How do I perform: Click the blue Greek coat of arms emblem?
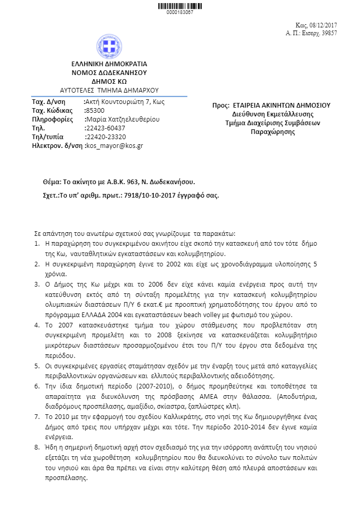click(109, 47)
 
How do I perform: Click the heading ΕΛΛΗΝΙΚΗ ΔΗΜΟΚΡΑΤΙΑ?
click(109, 64)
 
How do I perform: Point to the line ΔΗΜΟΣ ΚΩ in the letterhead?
click(109, 81)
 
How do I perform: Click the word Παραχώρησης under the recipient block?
click(273, 132)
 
